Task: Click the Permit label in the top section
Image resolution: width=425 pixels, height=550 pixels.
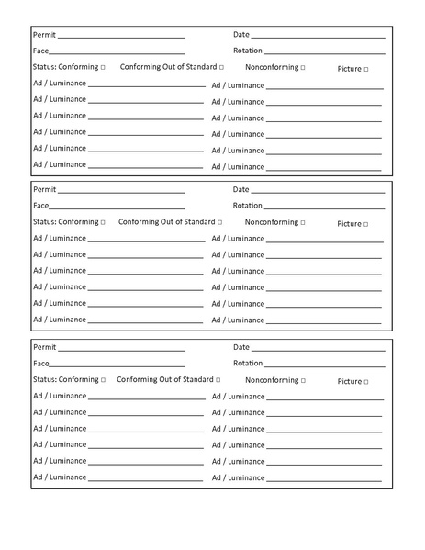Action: click(44, 35)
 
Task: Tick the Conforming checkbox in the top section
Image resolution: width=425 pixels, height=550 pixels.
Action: click(103, 68)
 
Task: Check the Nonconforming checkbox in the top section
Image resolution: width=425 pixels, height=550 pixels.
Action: click(302, 68)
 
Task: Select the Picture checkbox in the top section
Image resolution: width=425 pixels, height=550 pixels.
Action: click(366, 70)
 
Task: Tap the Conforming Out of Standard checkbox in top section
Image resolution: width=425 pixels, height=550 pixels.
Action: click(221, 68)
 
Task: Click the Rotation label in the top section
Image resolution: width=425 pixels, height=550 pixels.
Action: click(248, 51)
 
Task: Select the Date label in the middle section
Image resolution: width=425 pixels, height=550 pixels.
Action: click(241, 190)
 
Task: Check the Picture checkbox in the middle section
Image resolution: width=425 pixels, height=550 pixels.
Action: click(366, 224)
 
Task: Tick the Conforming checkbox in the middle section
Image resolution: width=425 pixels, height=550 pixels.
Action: click(103, 222)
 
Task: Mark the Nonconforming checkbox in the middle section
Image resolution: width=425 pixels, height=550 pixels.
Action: click(302, 223)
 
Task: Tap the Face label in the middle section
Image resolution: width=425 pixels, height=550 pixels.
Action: click(41, 206)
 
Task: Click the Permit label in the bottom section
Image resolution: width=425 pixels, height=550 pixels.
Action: click(44, 348)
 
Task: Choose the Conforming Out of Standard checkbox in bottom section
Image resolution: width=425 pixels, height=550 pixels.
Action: click(218, 380)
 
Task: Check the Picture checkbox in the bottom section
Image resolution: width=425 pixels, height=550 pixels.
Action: click(366, 382)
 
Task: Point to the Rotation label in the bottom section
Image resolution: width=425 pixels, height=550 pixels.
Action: click(248, 364)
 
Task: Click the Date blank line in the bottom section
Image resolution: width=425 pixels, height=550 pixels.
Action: click(318, 351)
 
